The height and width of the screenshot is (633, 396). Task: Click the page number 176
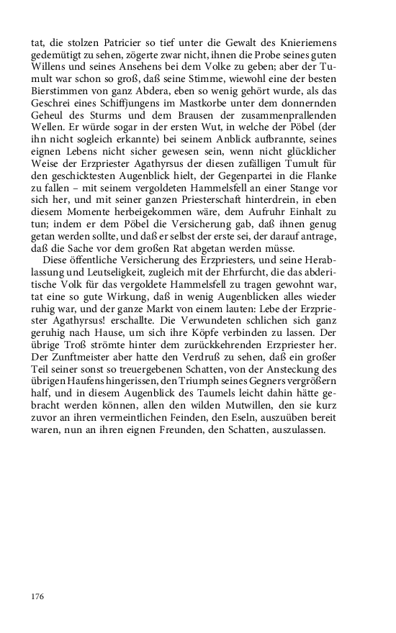[x=37, y=596]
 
